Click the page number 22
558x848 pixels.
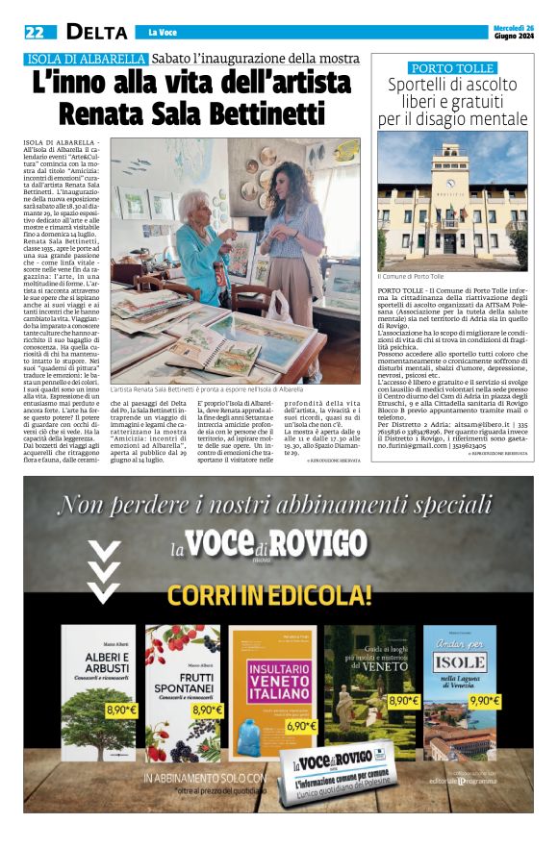[35, 32]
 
